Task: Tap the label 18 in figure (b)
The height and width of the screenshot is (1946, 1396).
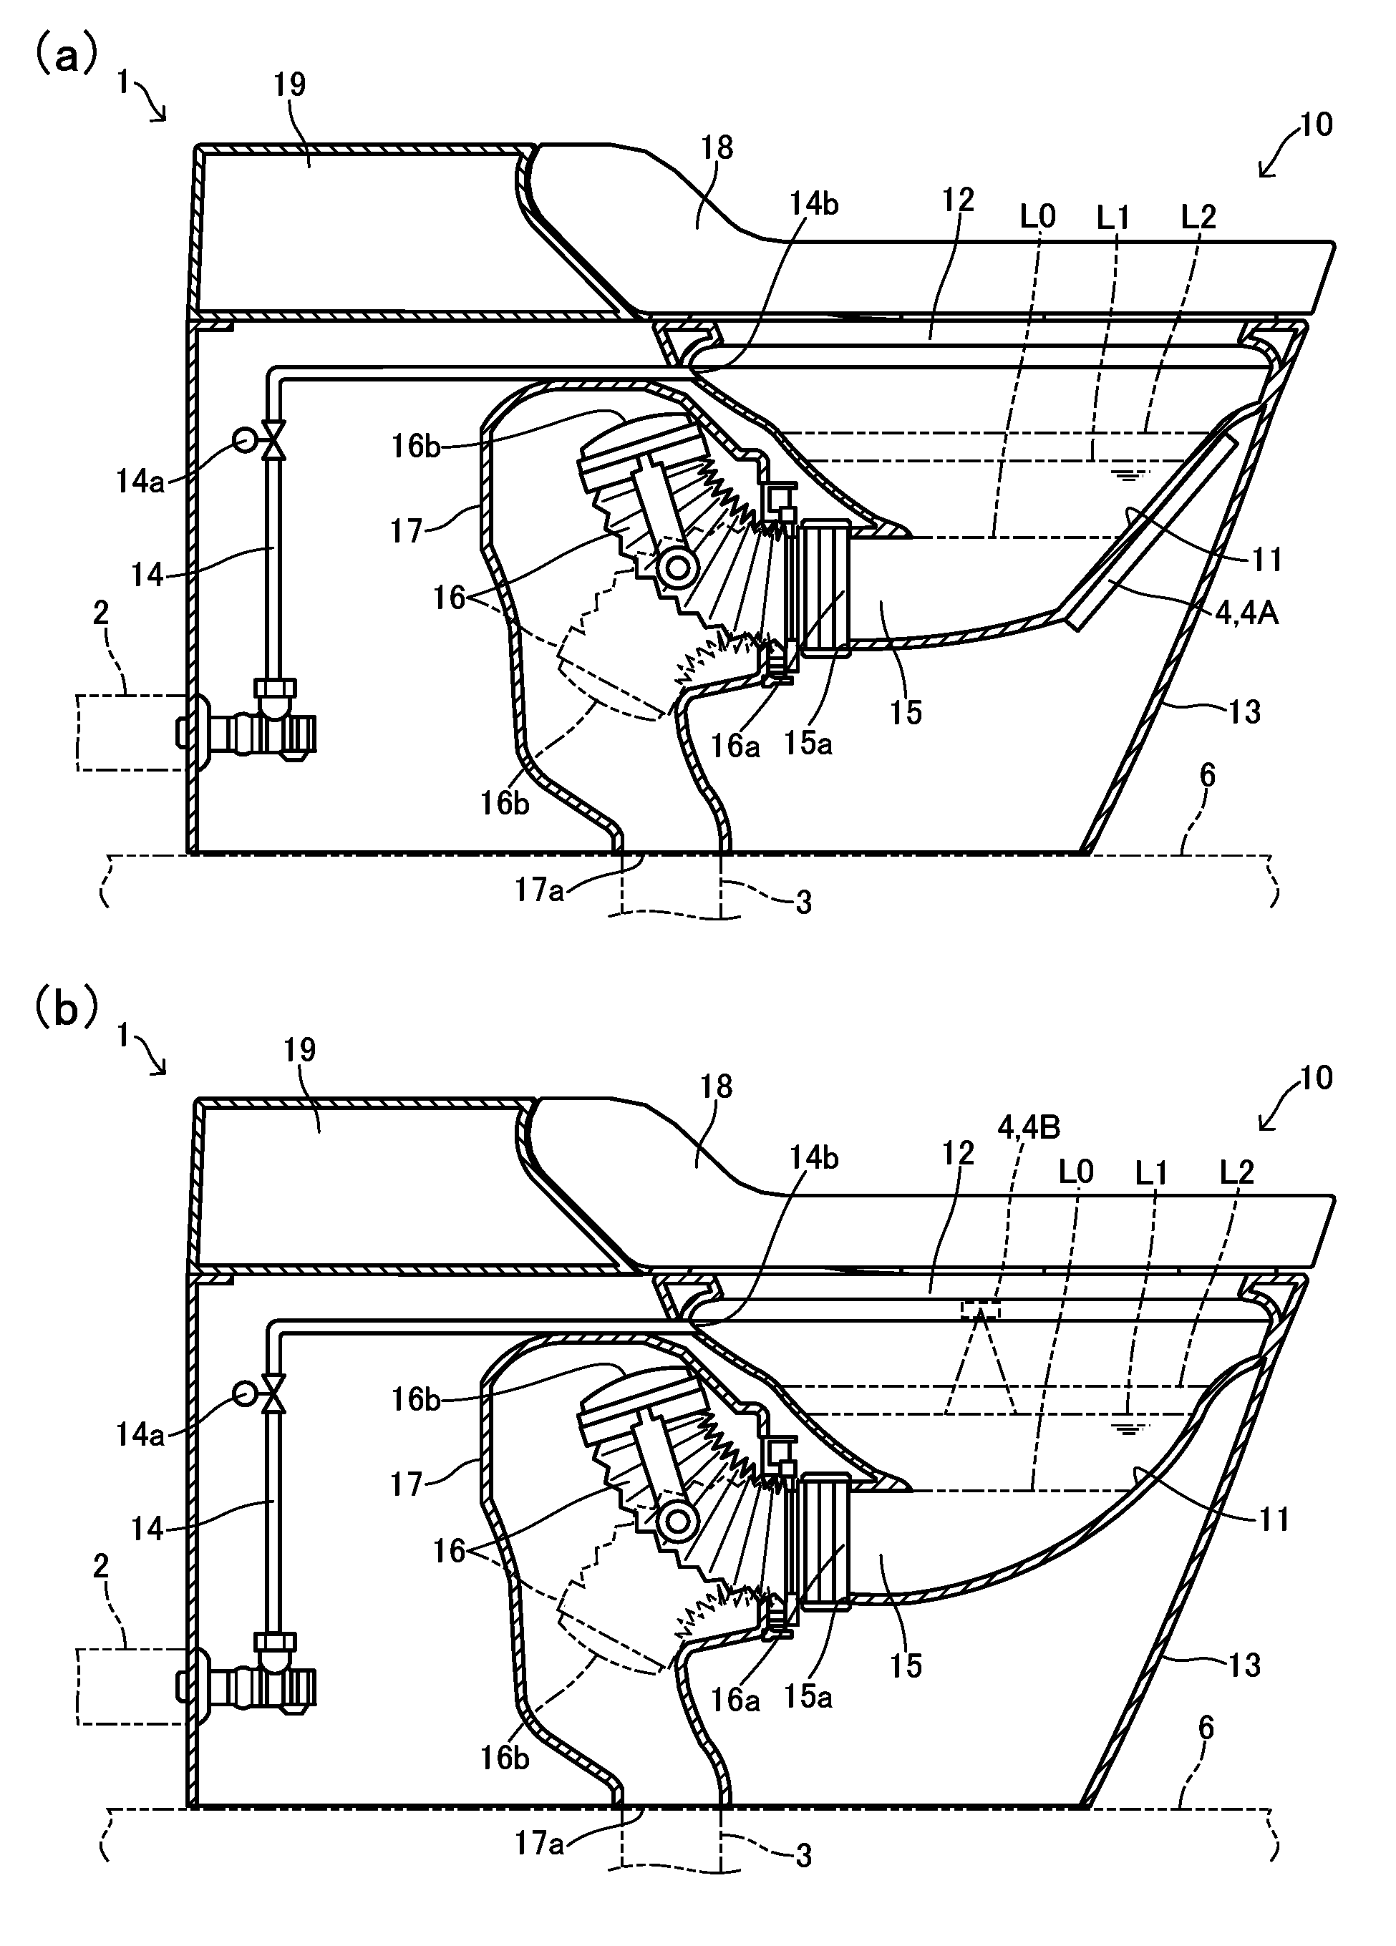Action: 717,1086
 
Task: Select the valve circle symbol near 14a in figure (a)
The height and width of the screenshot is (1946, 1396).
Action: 243,440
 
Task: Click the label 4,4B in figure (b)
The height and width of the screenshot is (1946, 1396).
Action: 1029,1127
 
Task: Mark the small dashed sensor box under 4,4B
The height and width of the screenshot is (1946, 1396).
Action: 980,1308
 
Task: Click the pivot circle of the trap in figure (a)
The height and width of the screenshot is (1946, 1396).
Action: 679,566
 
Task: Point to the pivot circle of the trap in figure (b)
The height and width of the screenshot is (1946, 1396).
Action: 679,1520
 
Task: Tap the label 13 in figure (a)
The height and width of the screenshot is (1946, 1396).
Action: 1244,711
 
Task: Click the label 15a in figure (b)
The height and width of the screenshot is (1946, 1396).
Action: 808,1697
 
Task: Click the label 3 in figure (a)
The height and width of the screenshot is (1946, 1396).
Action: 803,902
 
